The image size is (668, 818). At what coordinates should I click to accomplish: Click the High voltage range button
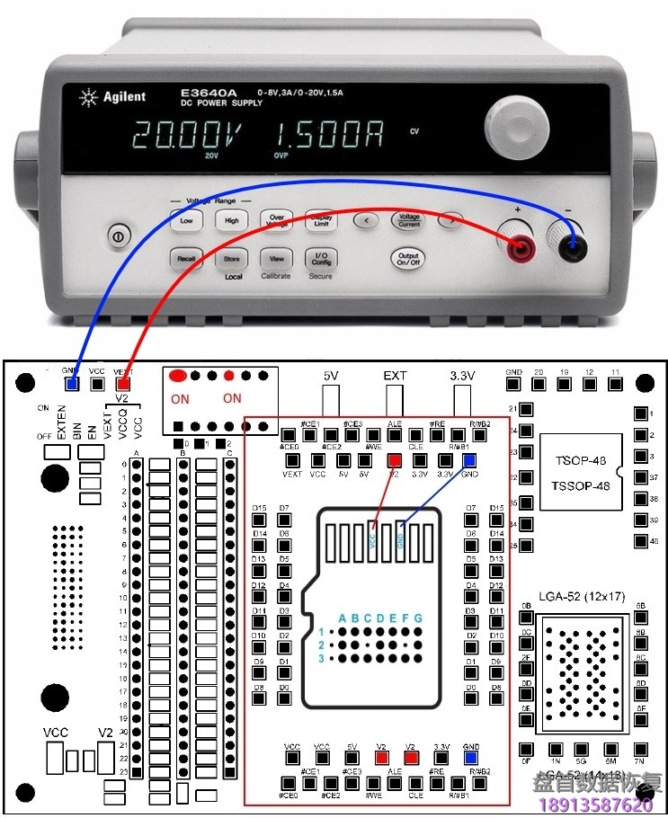pyautogui.click(x=231, y=220)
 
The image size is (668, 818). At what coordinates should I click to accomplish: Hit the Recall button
pyautogui.click(x=186, y=259)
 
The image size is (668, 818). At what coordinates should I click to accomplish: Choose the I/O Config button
pyautogui.click(x=321, y=258)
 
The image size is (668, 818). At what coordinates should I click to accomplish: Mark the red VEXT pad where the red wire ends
pyautogui.click(x=124, y=384)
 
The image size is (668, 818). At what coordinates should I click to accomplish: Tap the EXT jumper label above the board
pyautogui.click(x=395, y=375)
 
